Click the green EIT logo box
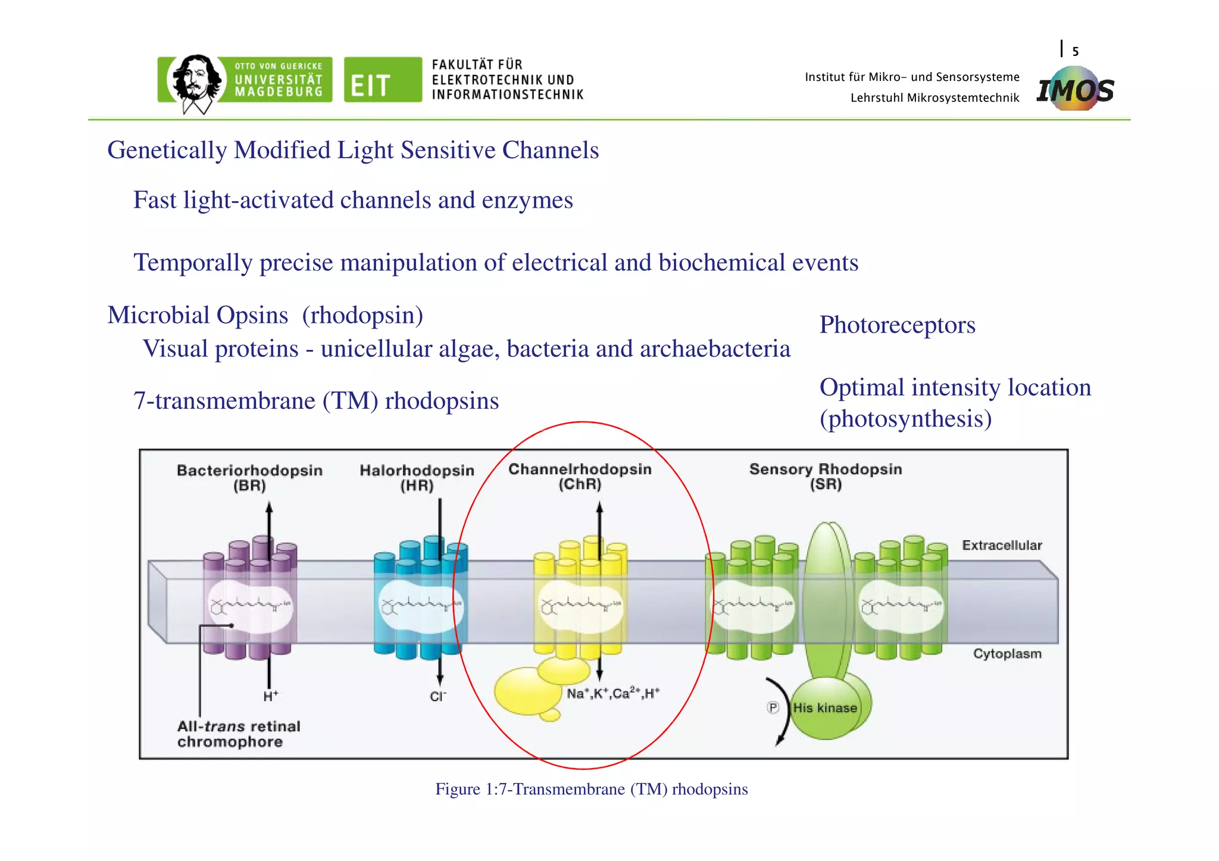click(383, 80)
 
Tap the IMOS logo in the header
click(1075, 90)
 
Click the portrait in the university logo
click(195, 80)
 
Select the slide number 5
click(1075, 52)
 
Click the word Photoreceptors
click(897, 325)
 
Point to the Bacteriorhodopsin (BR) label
click(249, 478)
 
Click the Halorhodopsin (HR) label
click(417, 478)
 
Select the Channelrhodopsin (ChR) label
click(580, 477)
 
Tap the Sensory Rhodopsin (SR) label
click(826, 477)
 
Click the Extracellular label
click(1002, 546)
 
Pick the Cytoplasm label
click(1007, 654)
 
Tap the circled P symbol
click(773, 707)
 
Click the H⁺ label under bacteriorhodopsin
click(271, 696)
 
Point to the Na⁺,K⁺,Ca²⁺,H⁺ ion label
click(612, 694)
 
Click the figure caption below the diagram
click(591, 789)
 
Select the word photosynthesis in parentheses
click(905, 419)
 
